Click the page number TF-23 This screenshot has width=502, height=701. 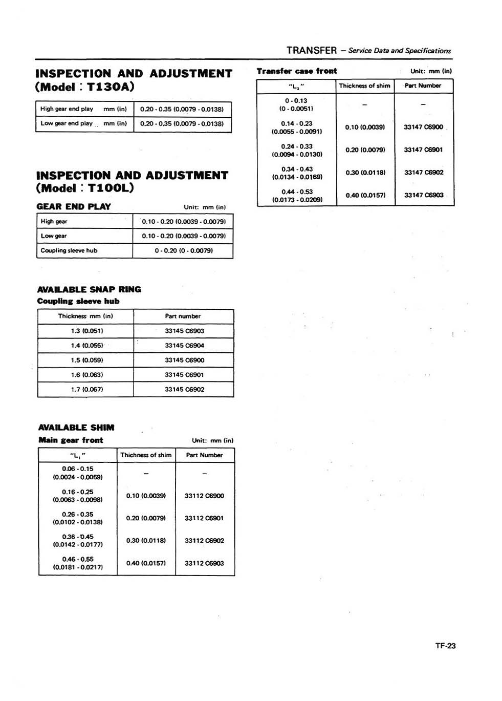[445, 646]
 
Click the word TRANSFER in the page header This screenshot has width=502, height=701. [312, 50]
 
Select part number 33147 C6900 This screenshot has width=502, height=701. [423, 127]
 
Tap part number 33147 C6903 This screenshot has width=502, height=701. [424, 195]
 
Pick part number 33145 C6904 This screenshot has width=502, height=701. [184, 346]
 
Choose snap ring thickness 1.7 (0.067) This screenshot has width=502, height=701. [86, 389]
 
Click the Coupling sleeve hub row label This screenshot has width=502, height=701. [69, 250]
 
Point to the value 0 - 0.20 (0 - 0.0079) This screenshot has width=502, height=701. [184, 250]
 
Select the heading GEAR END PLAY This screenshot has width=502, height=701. [74, 206]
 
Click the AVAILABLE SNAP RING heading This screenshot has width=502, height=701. [89, 289]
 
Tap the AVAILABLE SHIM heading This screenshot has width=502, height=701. [76, 428]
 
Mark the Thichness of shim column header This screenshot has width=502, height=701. [146, 455]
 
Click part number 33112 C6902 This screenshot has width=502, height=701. [204, 541]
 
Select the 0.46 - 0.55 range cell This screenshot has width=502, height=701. [78, 563]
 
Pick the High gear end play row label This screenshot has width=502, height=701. [67, 109]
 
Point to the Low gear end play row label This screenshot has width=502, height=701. [67, 123]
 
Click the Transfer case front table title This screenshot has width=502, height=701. [297, 71]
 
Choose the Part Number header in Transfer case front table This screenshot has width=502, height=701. [423, 86]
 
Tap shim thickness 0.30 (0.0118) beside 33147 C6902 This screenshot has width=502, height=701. [365, 173]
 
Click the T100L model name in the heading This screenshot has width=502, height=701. [111, 188]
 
